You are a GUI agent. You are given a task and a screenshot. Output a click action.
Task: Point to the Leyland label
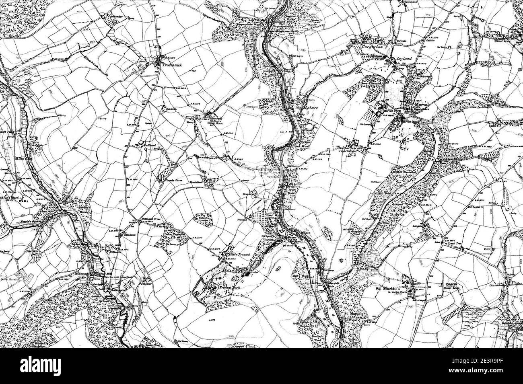(404, 59)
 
